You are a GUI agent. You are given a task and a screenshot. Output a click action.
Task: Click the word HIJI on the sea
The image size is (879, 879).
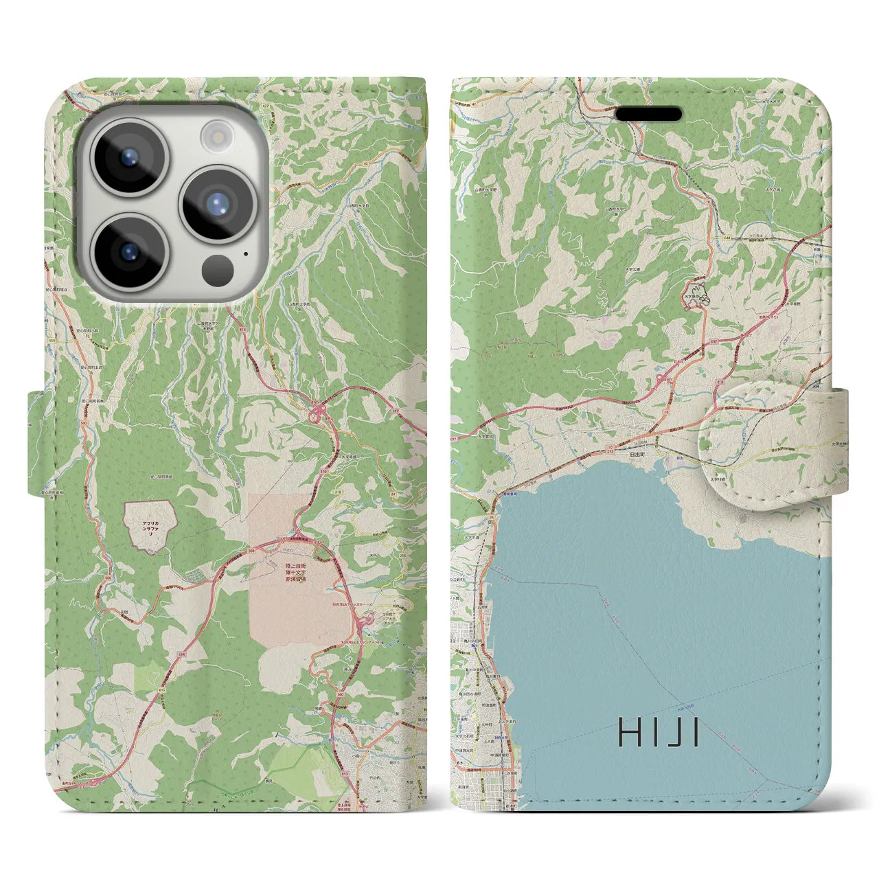click(659, 733)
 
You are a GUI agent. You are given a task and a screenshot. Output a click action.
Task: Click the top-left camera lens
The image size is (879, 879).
click(129, 157)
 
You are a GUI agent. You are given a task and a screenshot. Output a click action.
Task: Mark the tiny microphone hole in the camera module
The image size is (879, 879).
click(245, 253)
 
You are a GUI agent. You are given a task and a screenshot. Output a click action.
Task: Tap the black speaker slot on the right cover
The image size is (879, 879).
click(649, 113)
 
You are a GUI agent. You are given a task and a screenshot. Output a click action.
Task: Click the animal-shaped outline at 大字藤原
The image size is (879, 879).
click(698, 296)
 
